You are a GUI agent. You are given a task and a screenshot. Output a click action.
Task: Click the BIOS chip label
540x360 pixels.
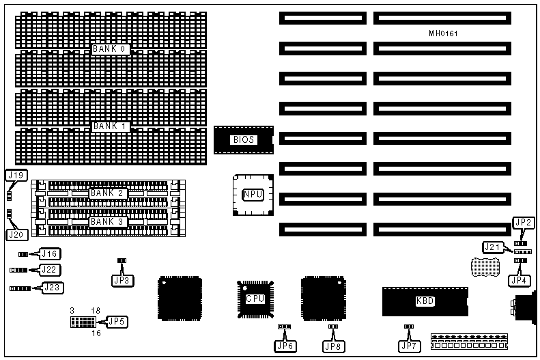pyautogui.click(x=244, y=139)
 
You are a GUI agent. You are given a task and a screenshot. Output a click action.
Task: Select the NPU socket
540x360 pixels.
pyautogui.click(x=251, y=194)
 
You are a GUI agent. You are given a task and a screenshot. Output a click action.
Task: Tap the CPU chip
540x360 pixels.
pyautogui.click(x=255, y=299)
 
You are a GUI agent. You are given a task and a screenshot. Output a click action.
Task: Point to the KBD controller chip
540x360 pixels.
pyautogui.click(x=425, y=301)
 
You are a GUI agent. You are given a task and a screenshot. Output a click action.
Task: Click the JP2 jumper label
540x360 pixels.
pyautogui.click(x=524, y=223)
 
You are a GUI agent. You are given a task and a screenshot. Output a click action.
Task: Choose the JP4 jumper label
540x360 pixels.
pyautogui.click(x=521, y=279)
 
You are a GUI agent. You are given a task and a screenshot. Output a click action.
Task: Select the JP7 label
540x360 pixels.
pyautogui.click(x=409, y=346)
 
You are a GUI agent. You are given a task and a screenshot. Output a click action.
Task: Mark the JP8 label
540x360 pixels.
pyautogui.click(x=334, y=346)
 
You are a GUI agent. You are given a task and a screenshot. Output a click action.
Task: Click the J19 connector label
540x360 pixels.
pyautogui.click(x=16, y=176)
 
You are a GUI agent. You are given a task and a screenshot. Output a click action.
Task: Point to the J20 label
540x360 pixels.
pyautogui.click(x=16, y=234)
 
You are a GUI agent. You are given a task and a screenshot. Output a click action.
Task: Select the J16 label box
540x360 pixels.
pyautogui.click(x=50, y=254)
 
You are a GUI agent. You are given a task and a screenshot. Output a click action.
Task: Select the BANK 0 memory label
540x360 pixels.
pyautogui.click(x=110, y=49)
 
